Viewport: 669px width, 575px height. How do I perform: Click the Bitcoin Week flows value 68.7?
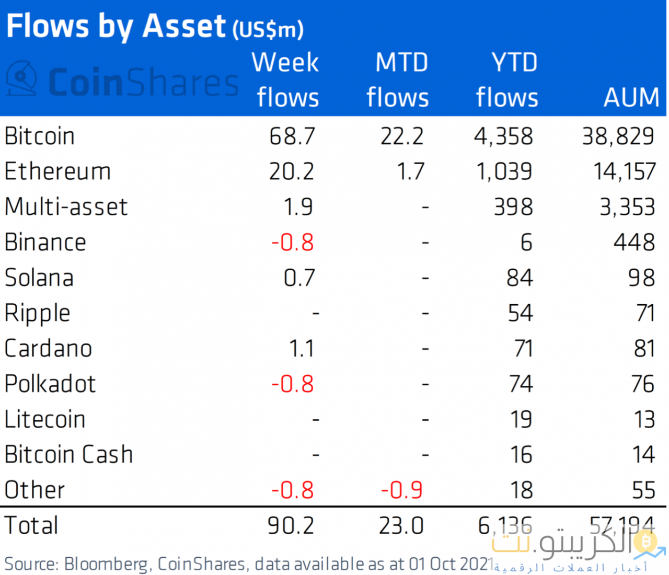pyautogui.click(x=292, y=136)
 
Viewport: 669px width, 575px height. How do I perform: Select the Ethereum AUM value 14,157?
pyautogui.click(x=624, y=171)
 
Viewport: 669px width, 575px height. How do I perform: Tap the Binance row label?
pyautogui.click(x=45, y=243)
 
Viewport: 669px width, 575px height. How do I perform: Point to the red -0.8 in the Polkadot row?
pyautogui.click(x=293, y=384)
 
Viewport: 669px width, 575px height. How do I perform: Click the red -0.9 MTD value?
pyautogui.click(x=401, y=490)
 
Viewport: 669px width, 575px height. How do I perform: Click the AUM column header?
pyautogui.click(x=631, y=98)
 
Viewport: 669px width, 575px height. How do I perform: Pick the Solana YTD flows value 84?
pyautogui.click(x=520, y=278)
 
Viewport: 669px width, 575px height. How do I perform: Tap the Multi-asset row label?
pyautogui.click(x=66, y=207)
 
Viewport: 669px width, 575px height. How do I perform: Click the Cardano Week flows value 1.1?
pyautogui.click(x=302, y=349)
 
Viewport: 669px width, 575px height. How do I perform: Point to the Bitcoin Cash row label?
pyautogui.click(x=68, y=455)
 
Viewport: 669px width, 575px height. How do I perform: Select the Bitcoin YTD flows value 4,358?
pyautogui.click(x=503, y=136)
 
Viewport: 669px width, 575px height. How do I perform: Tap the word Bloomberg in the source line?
pyautogui.click(x=106, y=565)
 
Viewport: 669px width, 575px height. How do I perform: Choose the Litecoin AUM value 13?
pyautogui.click(x=644, y=420)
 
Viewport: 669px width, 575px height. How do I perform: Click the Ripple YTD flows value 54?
pyautogui.click(x=520, y=313)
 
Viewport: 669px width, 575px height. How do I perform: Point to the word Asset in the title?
pyautogui.click(x=184, y=26)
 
